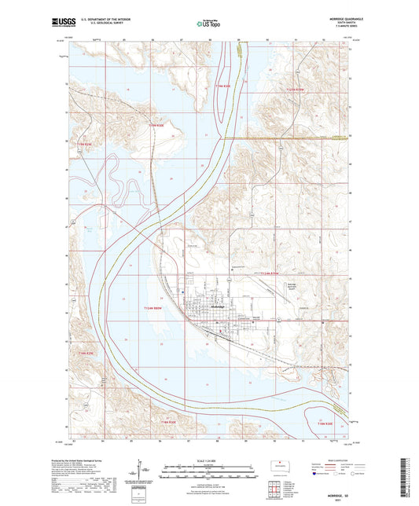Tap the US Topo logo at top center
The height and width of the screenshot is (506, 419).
pyautogui.click(x=209, y=24)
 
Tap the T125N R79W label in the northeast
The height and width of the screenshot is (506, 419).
pyautogui.click(x=293, y=90)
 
